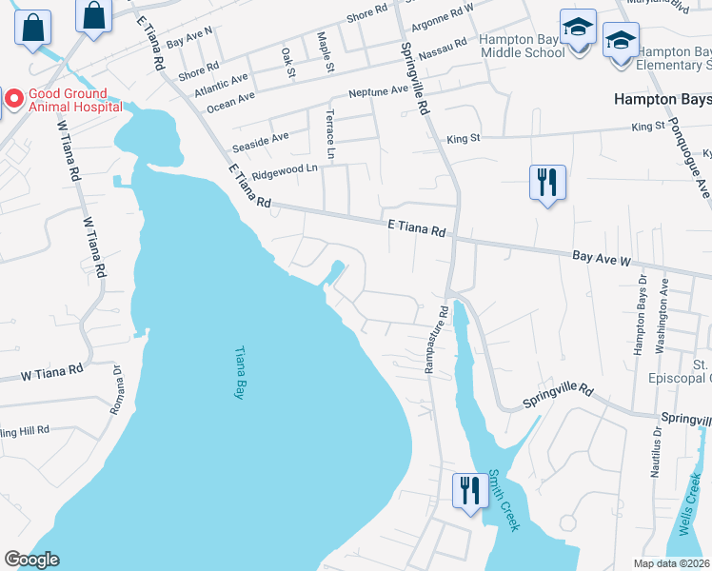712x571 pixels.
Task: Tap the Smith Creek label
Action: pos(503,500)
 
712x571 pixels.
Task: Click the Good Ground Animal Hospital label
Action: pos(75,100)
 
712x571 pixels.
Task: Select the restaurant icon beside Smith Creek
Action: pos(469,491)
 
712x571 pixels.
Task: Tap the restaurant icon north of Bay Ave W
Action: pos(547,181)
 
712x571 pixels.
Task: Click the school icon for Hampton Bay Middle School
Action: pos(577,30)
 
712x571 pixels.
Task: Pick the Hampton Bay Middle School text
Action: pos(523,46)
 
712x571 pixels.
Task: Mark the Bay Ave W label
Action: pos(602,258)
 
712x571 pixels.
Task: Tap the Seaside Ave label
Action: pos(267,138)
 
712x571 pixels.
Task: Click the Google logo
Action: pos(31,560)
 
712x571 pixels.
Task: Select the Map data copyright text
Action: pos(672,563)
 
